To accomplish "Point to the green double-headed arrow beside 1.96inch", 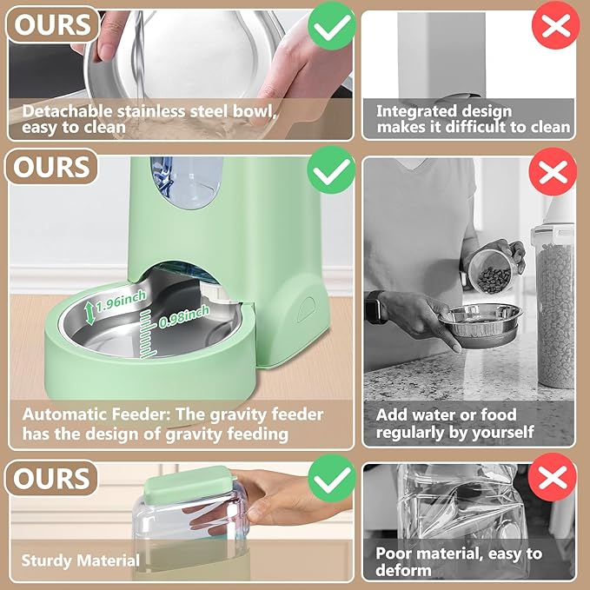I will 89,311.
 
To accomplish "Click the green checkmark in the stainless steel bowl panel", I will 331,30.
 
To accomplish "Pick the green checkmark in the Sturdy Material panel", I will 331,480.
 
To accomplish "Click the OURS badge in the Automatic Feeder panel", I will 51,167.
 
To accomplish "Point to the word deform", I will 403,570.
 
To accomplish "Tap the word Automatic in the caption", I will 63,415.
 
